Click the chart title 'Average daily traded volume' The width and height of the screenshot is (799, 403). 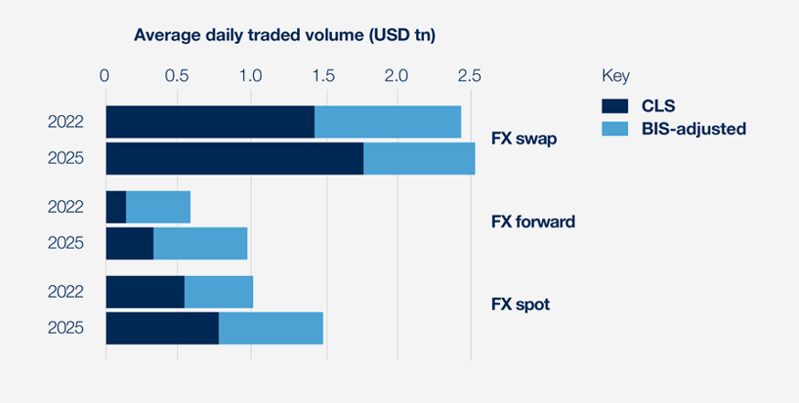pyautogui.click(x=283, y=36)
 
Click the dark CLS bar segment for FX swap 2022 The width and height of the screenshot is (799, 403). pyautogui.click(x=210, y=122)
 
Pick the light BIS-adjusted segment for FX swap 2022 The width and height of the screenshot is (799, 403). pyautogui.click(x=388, y=122)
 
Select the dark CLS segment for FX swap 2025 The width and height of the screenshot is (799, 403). pyautogui.click(x=234, y=158)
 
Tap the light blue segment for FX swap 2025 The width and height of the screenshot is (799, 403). pyautogui.click(x=419, y=158)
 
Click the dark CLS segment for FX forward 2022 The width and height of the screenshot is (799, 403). pyautogui.click(x=116, y=207)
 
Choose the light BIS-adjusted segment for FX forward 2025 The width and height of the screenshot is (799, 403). pyautogui.click(x=200, y=243)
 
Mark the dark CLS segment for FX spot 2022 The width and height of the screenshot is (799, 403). pyautogui.click(x=145, y=292)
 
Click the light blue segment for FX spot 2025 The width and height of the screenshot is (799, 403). pyautogui.click(x=271, y=328)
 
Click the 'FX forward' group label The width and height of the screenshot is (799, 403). pyautogui.click(x=533, y=221)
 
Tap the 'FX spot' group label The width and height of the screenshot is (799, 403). pyautogui.click(x=520, y=303)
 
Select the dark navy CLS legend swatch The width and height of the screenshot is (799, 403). pyautogui.click(x=616, y=104)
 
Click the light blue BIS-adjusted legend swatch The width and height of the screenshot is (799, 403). pyautogui.click(x=616, y=128)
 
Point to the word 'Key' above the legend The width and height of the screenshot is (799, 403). pyautogui.click(x=615, y=75)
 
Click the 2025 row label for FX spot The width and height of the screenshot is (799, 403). pyautogui.click(x=66, y=328)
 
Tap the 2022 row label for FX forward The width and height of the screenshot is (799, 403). pyautogui.click(x=66, y=207)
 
